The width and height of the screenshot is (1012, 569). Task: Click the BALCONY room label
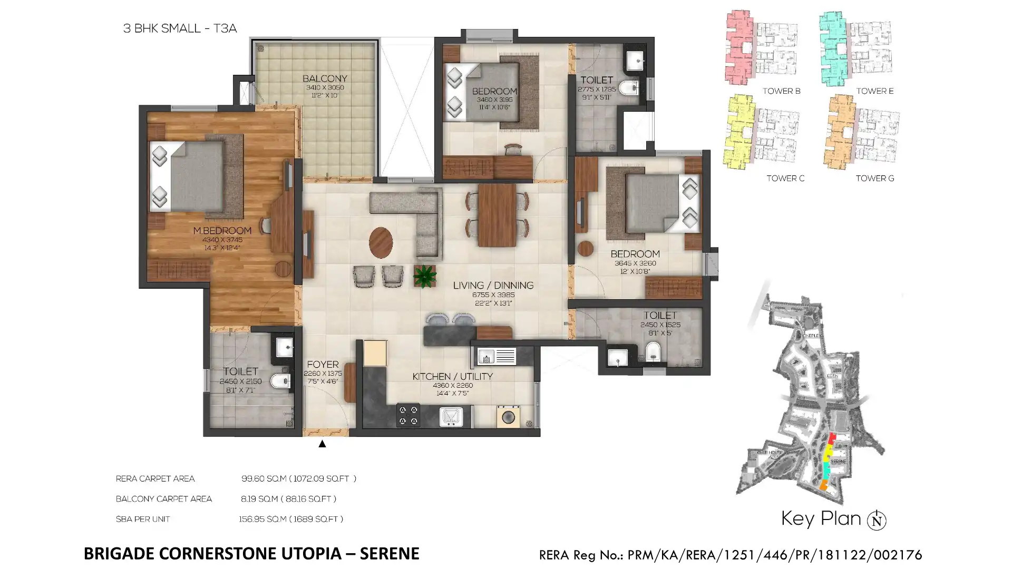(x=325, y=79)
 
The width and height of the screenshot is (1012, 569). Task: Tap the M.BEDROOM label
(x=222, y=231)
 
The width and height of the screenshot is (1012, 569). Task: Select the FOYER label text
(x=323, y=365)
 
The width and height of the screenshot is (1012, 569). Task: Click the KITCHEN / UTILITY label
(x=452, y=377)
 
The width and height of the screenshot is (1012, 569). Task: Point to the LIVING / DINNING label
(x=493, y=286)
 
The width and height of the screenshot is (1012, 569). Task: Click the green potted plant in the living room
(x=424, y=276)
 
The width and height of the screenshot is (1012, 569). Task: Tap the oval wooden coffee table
(x=381, y=242)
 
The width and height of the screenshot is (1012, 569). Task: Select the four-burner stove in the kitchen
(x=408, y=415)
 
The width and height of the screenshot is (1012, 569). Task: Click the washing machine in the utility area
(x=508, y=417)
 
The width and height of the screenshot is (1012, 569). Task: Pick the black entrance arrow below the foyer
(x=322, y=444)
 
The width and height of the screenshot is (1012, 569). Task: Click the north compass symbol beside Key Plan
(x=877, y=521)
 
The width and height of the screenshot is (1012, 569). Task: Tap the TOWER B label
(x=781, y=91)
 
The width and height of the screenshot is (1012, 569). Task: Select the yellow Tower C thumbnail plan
(x=740, y=132)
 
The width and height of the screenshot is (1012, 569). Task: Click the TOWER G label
(x=874, y=179)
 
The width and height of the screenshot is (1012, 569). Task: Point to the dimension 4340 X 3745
(x=222, y=240)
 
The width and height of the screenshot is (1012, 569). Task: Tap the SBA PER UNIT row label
(x=143, y=519)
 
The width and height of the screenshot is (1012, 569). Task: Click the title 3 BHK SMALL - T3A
(x=180, y=28)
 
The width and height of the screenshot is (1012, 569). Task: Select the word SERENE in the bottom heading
(x=390, y=554)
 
